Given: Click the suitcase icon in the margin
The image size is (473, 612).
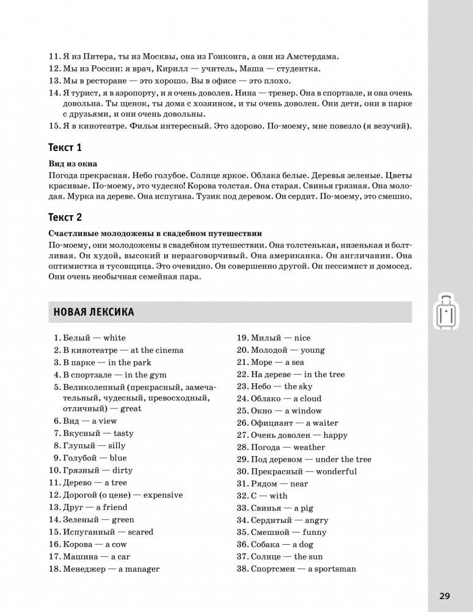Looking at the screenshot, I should point(447,311).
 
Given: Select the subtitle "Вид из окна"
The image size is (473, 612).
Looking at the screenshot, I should point(72,164).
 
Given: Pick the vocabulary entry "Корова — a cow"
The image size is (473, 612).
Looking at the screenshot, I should point(95,544).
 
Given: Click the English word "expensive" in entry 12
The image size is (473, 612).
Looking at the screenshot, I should point(162,495).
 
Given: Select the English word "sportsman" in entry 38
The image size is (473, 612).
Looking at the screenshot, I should point(334,569).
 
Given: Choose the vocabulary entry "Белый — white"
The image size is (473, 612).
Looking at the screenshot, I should point(94,338).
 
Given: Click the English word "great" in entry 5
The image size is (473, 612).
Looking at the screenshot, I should point(131,408).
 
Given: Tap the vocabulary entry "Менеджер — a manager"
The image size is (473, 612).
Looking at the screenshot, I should point(111,569).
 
